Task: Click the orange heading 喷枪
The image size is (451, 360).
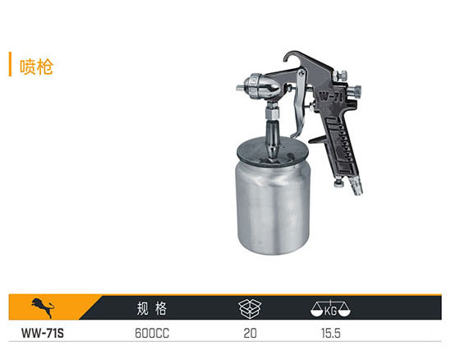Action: [x=36, y=67]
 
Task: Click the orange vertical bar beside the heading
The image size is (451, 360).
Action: [x=10, y=64]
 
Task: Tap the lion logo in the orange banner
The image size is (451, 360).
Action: [x=43, y=307]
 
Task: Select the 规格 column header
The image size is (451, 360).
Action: [x=152, y=308]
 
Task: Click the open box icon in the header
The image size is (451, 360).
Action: [x=250, y=308]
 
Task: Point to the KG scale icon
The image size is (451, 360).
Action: [x=330, y=308]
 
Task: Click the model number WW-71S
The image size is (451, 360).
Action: [x=43, y=333]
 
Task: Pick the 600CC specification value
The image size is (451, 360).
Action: [x=152, y=333]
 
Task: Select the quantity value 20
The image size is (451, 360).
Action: [x=250, y=333]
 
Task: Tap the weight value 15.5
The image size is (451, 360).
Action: [x=331, y=333]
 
